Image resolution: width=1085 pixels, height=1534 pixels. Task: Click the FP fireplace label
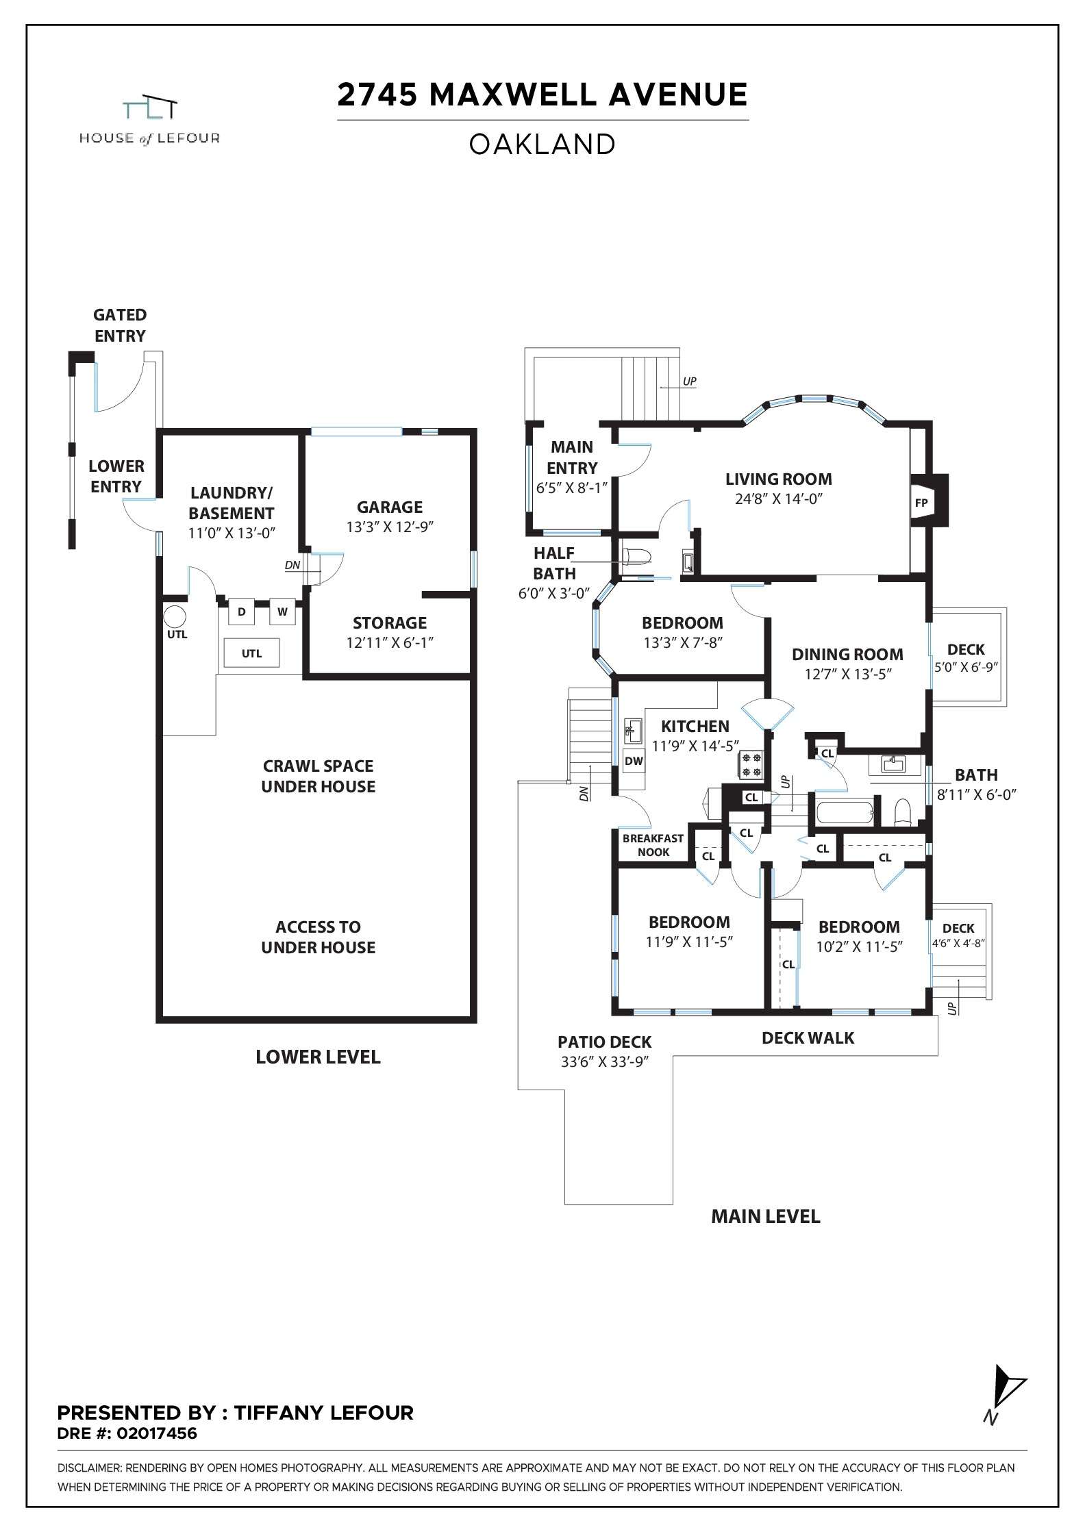click(x=921, y=503)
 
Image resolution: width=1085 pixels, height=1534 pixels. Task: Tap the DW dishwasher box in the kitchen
click(x=634, y=760)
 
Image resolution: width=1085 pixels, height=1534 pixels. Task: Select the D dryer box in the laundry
click(x=241, y=612)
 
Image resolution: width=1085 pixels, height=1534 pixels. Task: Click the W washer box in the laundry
click(x=282, y=612)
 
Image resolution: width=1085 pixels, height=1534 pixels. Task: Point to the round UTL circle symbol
click(x=175, y=616)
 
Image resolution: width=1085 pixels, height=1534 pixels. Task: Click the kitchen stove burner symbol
click(x=750, y=764)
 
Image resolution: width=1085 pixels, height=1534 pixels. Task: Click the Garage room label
click(x=389, y=507)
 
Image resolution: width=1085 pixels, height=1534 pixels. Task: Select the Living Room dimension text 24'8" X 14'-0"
click(x=778, y=499)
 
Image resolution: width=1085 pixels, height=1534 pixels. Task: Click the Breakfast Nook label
click(x=653, y=845)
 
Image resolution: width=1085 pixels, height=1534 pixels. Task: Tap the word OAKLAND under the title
click(x=542, y=144)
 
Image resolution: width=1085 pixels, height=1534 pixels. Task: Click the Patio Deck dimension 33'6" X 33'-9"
click(x=604, y=1061)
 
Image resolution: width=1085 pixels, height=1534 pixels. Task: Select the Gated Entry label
click(x=120, y=325)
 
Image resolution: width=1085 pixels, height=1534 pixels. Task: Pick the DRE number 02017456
click(x=157, y=1433)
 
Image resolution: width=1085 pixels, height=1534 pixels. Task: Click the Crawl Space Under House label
click(x=318, y=776)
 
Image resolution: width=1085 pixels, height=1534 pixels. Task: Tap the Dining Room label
click(x=847, y=654)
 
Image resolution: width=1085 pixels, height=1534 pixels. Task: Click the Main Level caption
click(x=765, y=1216)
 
